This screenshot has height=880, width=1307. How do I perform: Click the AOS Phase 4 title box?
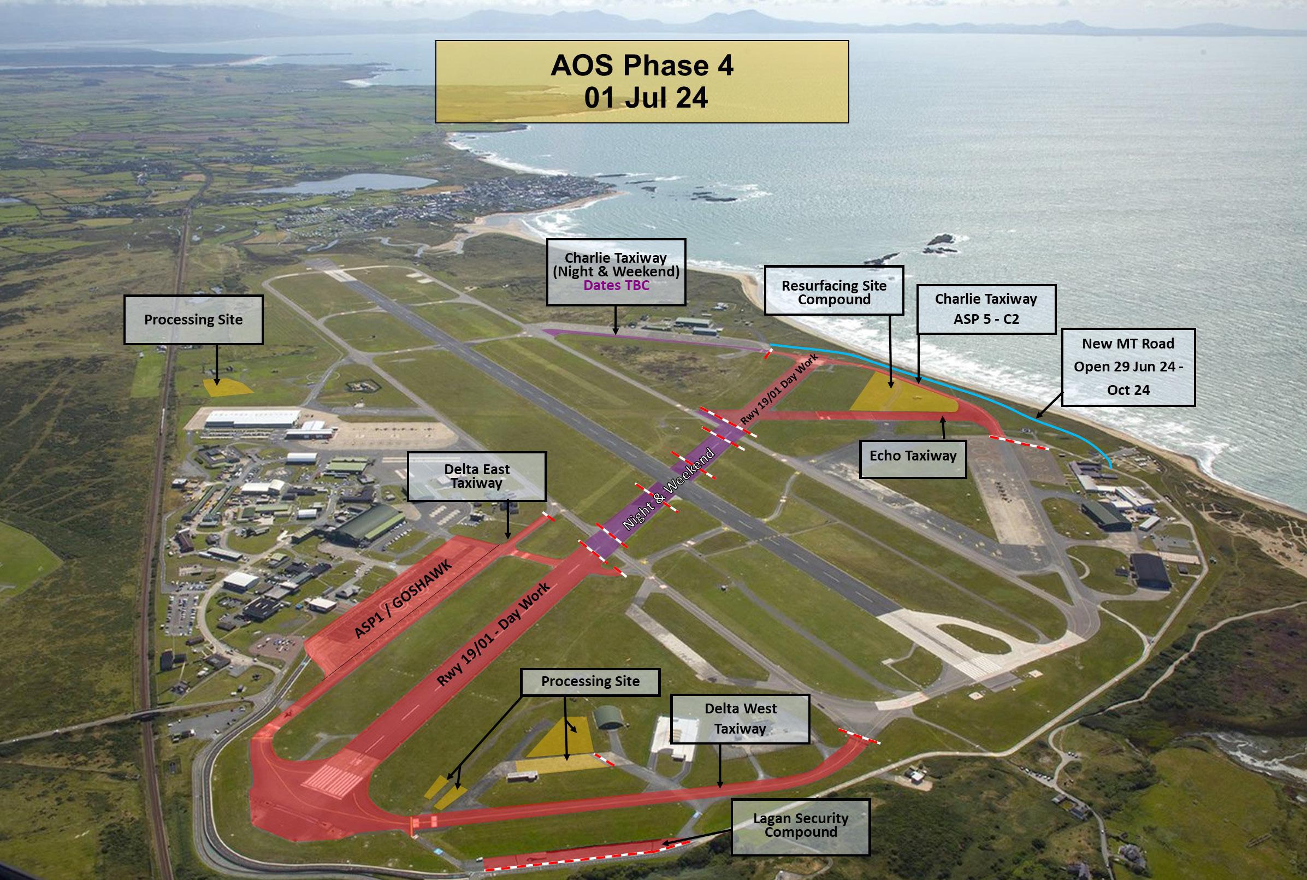[641, 81]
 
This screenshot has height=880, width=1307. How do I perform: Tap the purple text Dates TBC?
[616, 286]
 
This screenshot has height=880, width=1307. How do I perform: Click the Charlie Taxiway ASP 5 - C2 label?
[986, 309]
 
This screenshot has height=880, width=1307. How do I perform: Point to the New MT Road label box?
[1128, 367]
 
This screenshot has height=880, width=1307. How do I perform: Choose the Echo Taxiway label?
[913, 456]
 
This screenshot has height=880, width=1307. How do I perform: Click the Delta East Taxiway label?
[476, 476]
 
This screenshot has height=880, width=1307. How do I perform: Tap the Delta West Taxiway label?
[740, 719]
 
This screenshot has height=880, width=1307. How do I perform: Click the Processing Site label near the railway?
[193, 320]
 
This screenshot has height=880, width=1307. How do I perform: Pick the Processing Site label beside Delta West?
[590, 681]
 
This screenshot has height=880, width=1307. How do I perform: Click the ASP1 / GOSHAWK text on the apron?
[403, 599]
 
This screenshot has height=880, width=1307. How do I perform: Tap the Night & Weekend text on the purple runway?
[669, 488]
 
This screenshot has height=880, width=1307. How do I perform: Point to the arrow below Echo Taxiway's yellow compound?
[943, 427]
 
